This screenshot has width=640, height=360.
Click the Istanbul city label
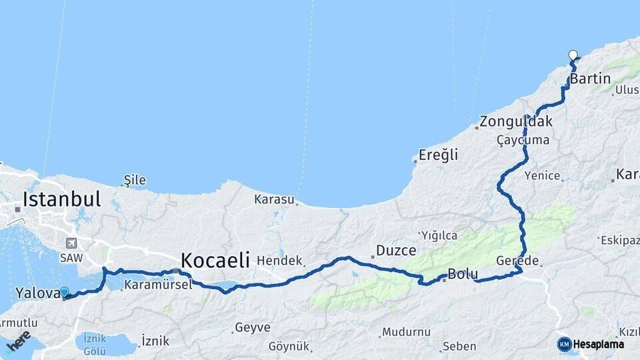click(x=61, y=199)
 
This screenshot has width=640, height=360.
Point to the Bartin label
click(x=591, y=79)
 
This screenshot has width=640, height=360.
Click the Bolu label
click(x=463, y=273)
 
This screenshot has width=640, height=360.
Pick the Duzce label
click(x=397, y=251)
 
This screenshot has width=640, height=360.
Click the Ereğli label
click(x=439, y=155)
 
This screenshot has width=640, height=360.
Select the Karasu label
click(x=274, y=199)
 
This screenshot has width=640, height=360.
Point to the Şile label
click(x=132, y=180)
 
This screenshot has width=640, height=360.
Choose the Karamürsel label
click(x=158, y=284)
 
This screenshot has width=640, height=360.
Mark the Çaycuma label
click(x=523, y=140)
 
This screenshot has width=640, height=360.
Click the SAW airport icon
click(x=71, y=243)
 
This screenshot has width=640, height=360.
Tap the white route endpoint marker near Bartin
click(x=573, y=55)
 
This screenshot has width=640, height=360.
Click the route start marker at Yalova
click(x=64, y=292)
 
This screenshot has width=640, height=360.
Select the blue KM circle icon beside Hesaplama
click(x=564, y=344)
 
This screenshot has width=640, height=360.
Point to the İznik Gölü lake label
click(x=95, y=344)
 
